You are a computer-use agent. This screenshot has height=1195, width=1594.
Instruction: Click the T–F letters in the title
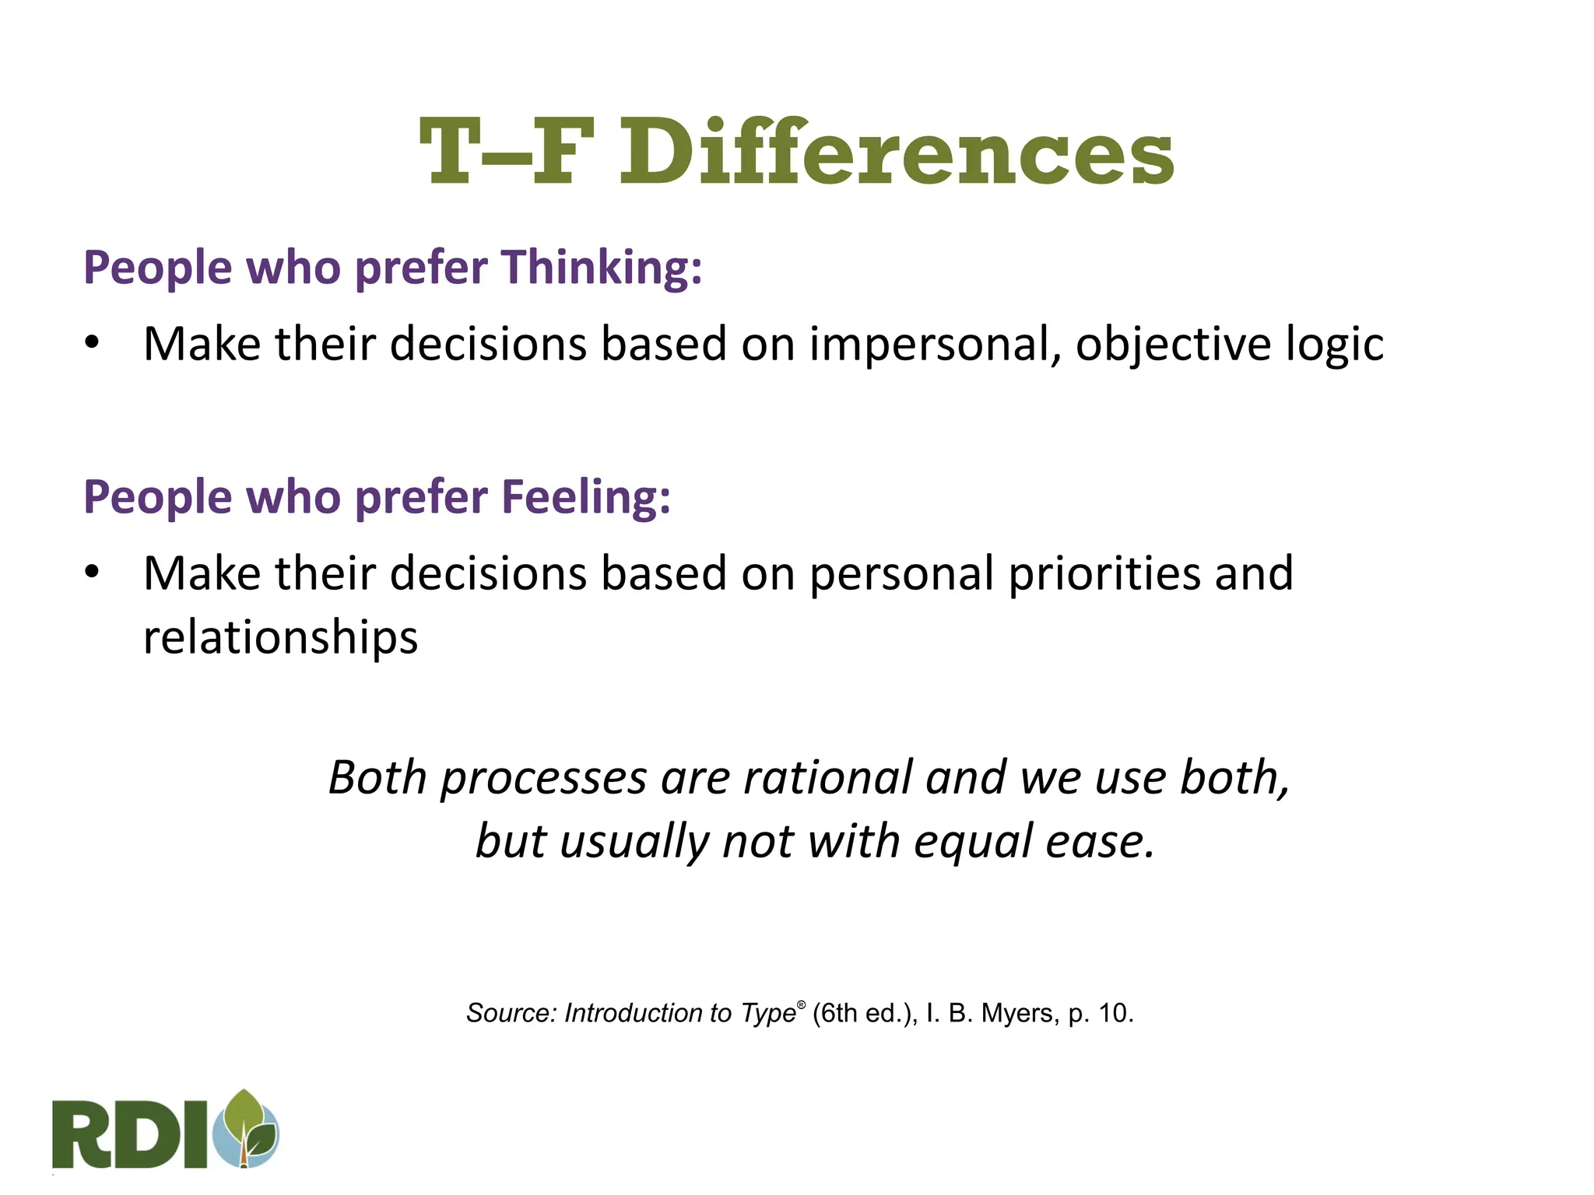(x=507, y=152)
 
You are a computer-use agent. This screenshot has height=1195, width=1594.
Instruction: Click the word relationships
(x=280, y=637)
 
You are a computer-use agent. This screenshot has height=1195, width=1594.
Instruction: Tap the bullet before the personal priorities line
(x=93, y=572)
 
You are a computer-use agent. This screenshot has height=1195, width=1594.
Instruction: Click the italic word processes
(x=543, y=777)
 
